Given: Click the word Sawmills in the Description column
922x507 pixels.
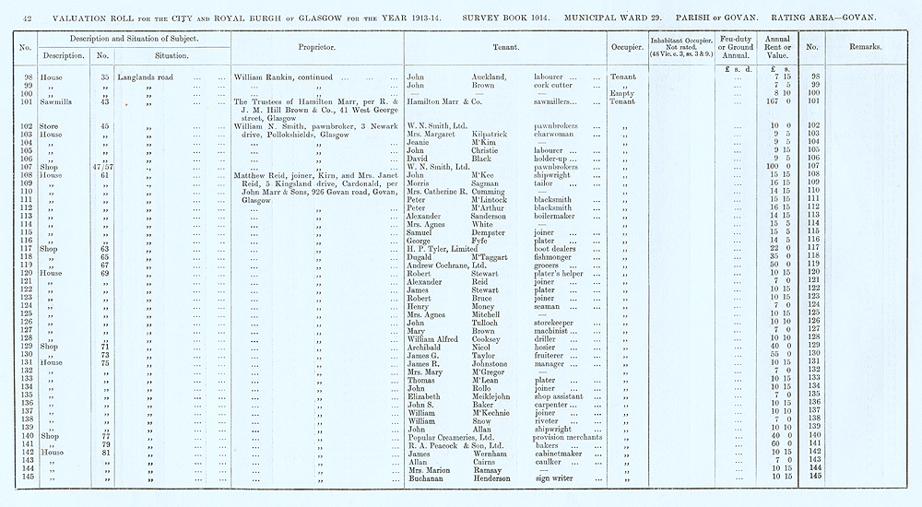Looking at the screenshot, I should [x=41, y=100].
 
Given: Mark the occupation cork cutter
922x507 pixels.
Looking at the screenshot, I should [x=556, y=84].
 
